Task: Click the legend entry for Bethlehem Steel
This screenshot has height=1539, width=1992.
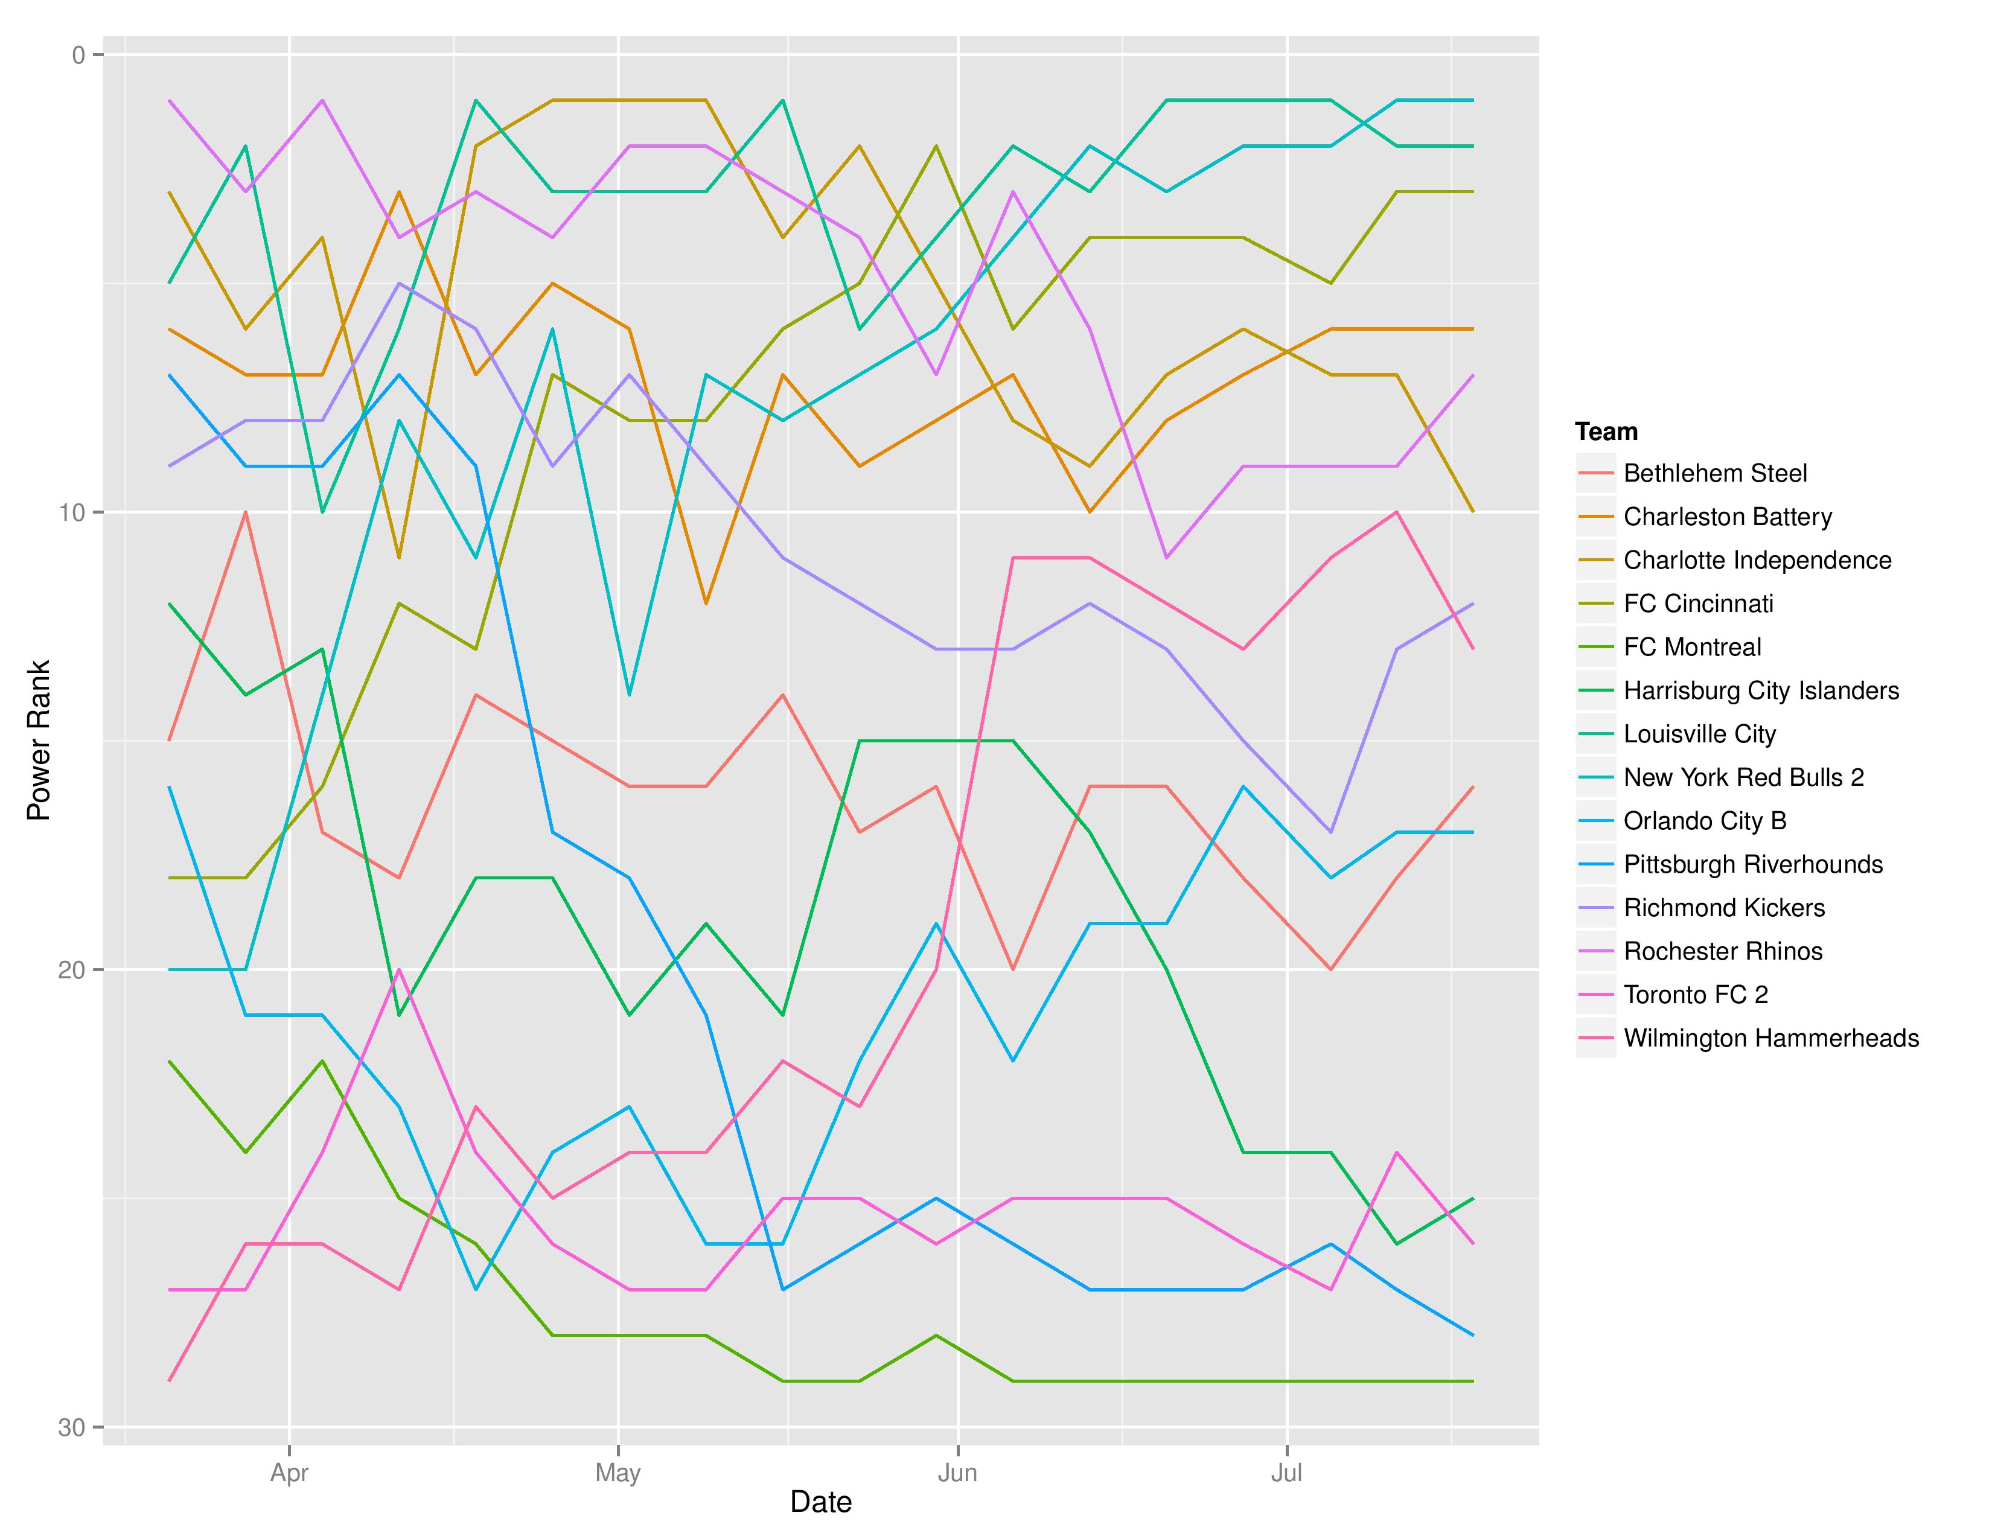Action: click(1715, 473)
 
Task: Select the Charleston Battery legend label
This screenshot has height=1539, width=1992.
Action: click(1728, 517)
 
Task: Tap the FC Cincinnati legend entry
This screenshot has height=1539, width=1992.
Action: click(1698, 604)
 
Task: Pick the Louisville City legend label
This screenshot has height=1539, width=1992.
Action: click(1700, 734)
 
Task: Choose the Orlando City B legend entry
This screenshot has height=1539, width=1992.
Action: click(1705, 821)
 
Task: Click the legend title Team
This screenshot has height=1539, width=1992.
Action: click(1606, 432)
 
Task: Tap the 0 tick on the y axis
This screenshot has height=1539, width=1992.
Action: click(78, 56)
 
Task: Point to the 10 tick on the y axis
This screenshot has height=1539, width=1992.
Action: click(71, 512)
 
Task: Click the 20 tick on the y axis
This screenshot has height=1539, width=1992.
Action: click(71, 969)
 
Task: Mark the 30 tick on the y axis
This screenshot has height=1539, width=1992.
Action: click(71, 1427)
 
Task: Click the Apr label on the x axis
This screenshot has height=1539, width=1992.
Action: click(289, 1473)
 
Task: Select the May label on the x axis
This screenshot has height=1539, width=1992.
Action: click(618, 1473)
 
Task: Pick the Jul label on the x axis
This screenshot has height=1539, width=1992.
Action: click(1286, 1473)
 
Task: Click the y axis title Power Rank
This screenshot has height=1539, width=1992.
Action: click(38, 741)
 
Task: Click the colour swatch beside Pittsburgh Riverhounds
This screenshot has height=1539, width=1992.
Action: click(1596, 864)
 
